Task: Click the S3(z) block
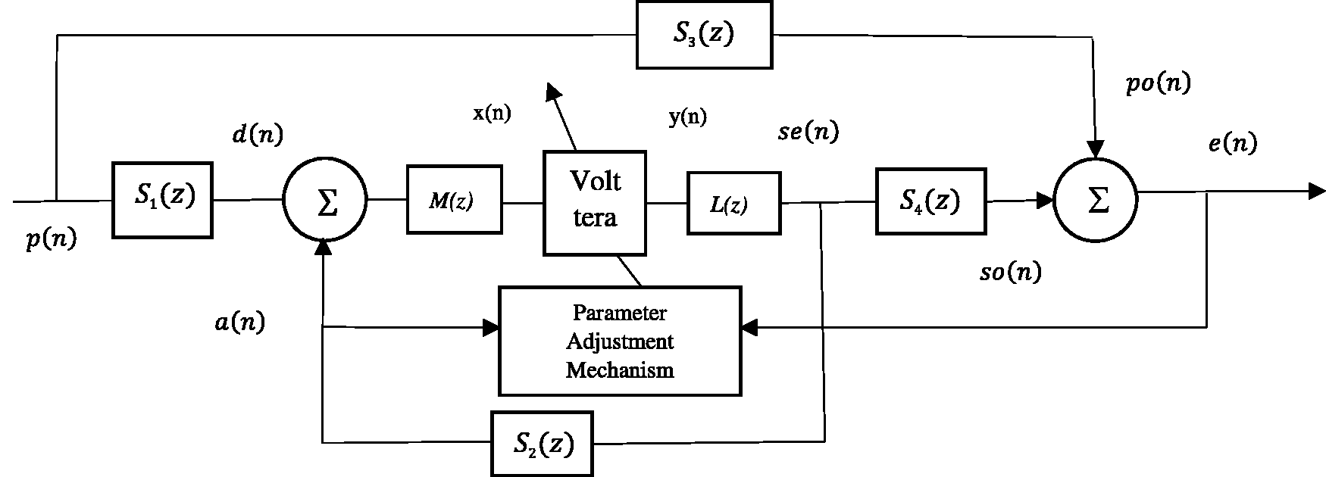click(x=704, y=35)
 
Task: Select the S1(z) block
click(x=162, y=199)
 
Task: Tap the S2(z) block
click(x=541, y=443)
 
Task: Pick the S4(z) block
click(x=930, y=201)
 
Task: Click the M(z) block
click(x=454, y=199)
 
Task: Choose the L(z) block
click(x=733, y=203)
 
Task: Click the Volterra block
click(x=595, y=202)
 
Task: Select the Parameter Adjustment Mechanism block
click(x=620, y=341)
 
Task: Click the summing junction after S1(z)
click(x=325, y=201)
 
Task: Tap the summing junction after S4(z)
click(x=1096, y=201)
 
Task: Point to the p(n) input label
click(x=51, y=241)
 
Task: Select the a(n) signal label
click(x=239, y=323)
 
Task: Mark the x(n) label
click(x=492, y=114)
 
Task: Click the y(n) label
click(x=687, y=117)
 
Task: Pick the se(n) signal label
click(x=808, y=132)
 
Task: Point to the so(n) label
click(x=1010, y=272)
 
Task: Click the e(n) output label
click(x=1233, y=143)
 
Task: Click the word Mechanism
click(x=620, y=370)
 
